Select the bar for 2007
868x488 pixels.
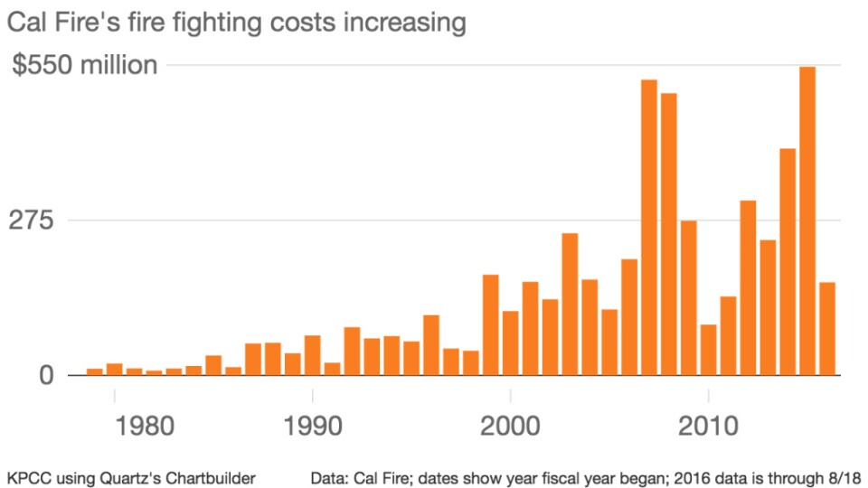(x=649, y=227)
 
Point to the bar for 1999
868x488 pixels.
(x=491, y=324)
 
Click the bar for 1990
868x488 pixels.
(x=313, y=354)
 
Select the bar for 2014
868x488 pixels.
(x=788, y=261)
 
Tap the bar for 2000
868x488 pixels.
(x=511, y=343)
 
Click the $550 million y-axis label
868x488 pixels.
(x=85, y=66)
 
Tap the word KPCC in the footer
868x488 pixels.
(x=27, y=475)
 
